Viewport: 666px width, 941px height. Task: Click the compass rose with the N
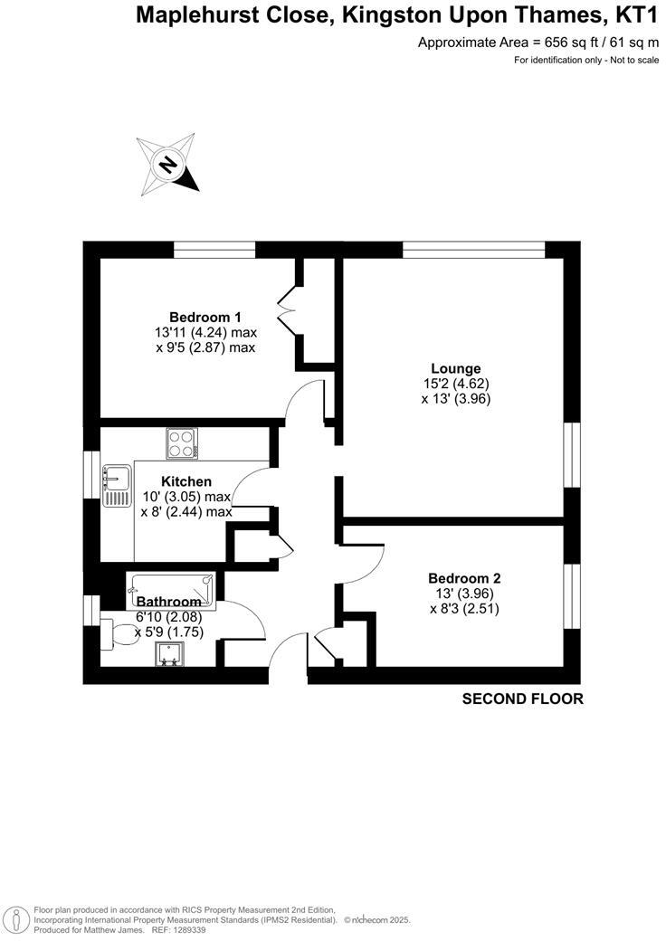pos(167,163)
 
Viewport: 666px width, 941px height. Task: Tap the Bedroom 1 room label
pos(205,317)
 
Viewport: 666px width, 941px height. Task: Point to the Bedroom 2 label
pos(464,578)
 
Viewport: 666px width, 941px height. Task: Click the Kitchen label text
pos(186,481)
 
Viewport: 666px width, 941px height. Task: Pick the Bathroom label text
pos(168,602)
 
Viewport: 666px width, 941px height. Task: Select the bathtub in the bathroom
pos(172,588)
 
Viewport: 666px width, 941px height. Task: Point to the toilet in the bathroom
pos(115,633)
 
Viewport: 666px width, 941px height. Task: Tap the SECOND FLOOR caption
pos(522,699)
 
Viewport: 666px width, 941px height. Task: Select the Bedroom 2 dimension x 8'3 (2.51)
pos(464,609)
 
